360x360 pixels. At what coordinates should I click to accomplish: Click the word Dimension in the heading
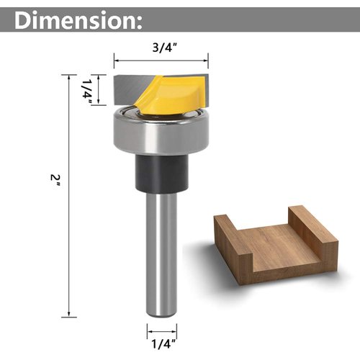point(72,19)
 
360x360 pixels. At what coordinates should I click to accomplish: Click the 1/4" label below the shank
point(162,332)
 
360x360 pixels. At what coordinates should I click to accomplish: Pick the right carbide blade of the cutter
point(199,89)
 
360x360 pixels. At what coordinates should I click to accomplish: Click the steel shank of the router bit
point(162,252)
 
